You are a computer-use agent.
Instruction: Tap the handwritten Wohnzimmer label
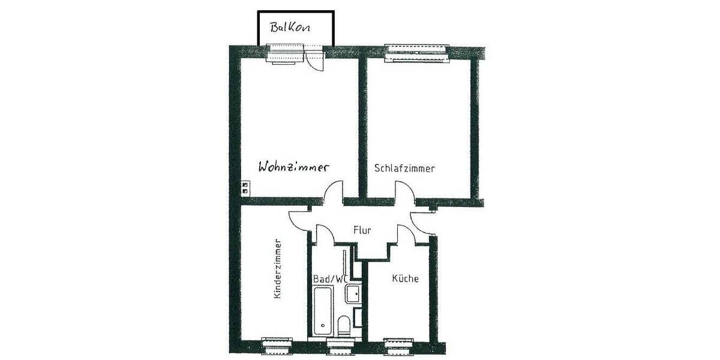pyautogui.click(x=294, y=167)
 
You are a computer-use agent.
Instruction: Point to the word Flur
pyautogui.click(x=361, y=229)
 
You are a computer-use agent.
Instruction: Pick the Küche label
pyautogui.click(x=405, y=278)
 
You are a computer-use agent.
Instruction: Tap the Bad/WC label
pyautogui.click(x=331, y=279)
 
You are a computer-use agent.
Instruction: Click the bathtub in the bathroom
pyautogui.click(x=322, y=312)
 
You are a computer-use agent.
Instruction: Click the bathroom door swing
pyautogui.click(x=324, y=235)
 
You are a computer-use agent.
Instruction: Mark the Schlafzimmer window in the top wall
pyautogui.click(x=418, y=53)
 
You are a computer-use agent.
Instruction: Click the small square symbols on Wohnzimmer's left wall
pyautogui.click(x=244, y=187)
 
